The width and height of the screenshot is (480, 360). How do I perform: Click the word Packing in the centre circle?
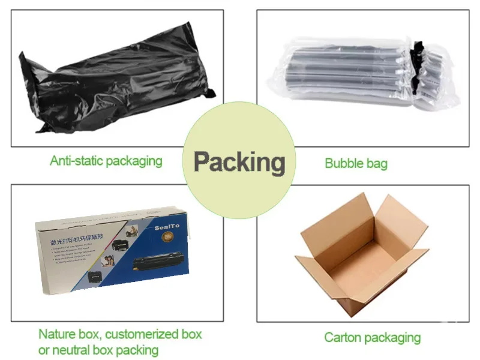(x=239, y=163)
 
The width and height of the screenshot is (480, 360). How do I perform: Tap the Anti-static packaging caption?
(x=106, y=161)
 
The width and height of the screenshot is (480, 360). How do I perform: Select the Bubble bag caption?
(x=356, y=163)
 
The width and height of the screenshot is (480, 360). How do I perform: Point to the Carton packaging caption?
(x=372, y=337)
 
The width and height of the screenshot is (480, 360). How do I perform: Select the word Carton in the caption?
(x=343, y=337)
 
